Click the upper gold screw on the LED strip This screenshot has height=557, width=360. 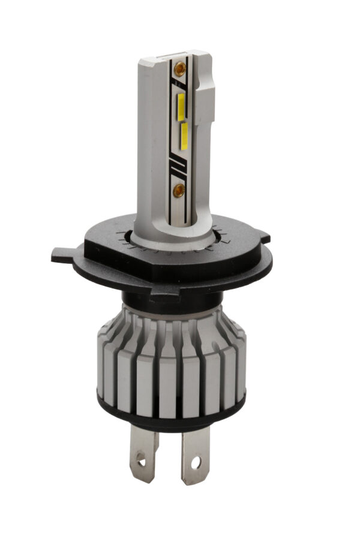[178, 70]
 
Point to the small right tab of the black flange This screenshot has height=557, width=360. [264, 239]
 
